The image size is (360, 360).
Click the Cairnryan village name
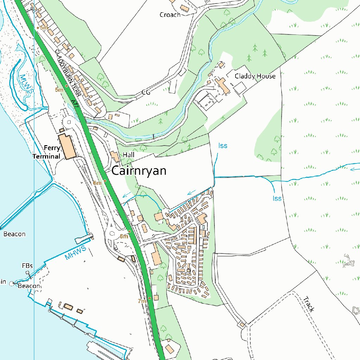tap(139, 171)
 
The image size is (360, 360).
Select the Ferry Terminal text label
tap(47, 152)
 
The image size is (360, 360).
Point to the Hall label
tap(129, 155)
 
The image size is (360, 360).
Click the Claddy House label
tap(255, 76)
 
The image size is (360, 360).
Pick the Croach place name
tap(170, 15)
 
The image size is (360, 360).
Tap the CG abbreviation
tap(146, 92)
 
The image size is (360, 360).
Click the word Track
tap(308, 304)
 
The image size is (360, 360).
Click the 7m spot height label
tap(142, 301)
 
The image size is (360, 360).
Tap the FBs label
tap(27, 266)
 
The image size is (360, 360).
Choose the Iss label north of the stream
tap(223, 146)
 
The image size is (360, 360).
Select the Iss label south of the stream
tap(277, 198)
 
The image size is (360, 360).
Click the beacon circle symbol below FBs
tap(12, 283)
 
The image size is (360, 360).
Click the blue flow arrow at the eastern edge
tap(353, 169)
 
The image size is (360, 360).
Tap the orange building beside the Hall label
tap(115, 156)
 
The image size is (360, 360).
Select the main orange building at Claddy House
tap(222, 86)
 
